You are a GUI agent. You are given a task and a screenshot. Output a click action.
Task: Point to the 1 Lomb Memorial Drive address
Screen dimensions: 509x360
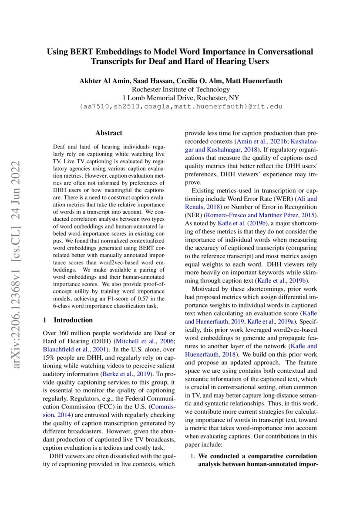pyautogui.click(x=180, y=98)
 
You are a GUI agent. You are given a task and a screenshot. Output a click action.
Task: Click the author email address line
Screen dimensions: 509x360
pyautogui.click(x=180, y=107)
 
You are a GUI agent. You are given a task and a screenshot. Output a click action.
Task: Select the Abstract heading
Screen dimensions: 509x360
pyautogui.click(x=109, y=133)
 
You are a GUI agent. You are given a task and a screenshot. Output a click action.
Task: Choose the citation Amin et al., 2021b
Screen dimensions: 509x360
pyautogui.click(x=254, y=142)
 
